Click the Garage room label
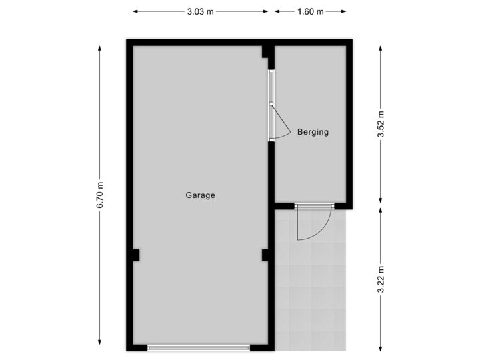click(200, 195)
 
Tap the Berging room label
click(313, 132)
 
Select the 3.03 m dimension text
click(200, 11)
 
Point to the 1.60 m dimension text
click(311, 11)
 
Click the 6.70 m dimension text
click(100, 196)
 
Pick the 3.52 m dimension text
click(380, 125)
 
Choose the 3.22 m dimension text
click(380, 280)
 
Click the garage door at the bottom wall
click(199, 347)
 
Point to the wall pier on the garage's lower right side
click(265, 255)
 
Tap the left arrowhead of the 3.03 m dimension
click(134, 11)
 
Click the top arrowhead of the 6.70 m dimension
click(100, 47)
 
